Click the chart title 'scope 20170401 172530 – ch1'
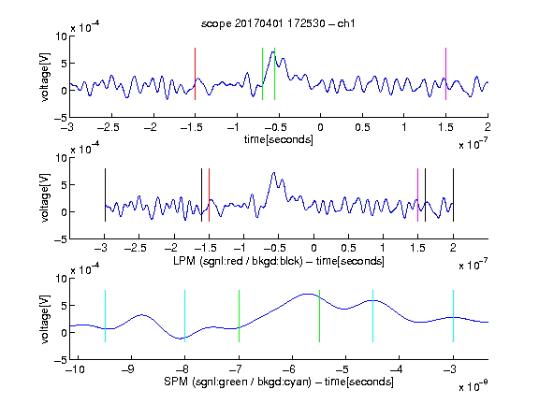pos(278,23)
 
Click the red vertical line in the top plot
pos(195,74)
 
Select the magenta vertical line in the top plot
pos(445,74)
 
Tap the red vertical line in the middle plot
pos(209,195)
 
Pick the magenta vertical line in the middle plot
pos(417,195)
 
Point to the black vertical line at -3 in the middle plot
pos(105,195)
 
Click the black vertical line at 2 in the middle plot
pos(453,195)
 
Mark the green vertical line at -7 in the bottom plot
pos(239,316)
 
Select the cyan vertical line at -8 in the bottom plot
pos(184,316)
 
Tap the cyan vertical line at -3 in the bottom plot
pos(453,316)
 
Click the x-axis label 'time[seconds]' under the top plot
pos(279,139)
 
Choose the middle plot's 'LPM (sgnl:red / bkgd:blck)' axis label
pos(238,261)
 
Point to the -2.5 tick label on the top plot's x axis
pos(108,127)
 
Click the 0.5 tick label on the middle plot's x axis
pos(348,248)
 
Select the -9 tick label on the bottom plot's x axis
pos(128,369)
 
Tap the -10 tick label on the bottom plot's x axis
pos(75,369)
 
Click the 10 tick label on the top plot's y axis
pos(62,36)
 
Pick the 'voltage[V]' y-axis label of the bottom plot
pos(45,319)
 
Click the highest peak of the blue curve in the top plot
pos(273,51)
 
